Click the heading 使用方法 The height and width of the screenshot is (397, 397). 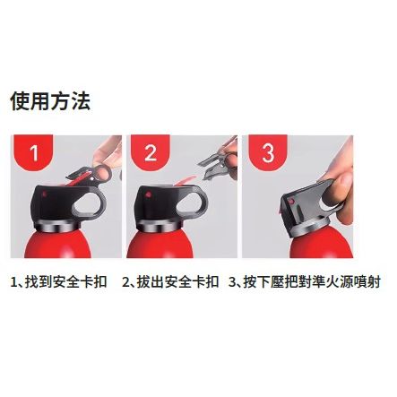tap(50, 101)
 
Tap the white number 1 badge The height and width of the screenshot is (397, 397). tap(34, 152)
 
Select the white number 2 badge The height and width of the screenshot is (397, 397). tap(150, 152)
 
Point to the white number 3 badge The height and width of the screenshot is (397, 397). tap(268, 152)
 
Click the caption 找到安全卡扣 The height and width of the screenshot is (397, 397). tap(65, 281)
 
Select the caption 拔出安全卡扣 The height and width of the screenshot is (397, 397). tap(177, 281)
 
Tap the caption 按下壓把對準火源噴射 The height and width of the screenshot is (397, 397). tap(312, 281)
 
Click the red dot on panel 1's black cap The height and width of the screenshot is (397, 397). tap(45, 194)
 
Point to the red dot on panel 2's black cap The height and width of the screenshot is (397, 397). tap(147, 194)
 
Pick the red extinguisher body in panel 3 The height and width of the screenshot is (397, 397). tap(321, 245)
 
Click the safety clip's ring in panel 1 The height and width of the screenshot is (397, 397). tap(103, 172)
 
